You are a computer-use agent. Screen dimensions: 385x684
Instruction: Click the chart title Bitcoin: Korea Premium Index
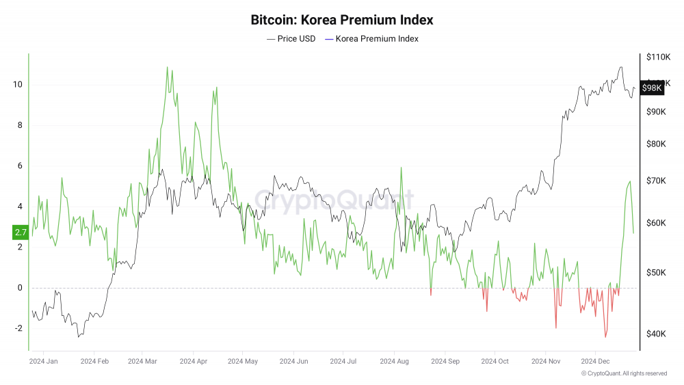click(342, 20)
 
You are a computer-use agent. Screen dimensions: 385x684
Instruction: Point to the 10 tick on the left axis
click(18, 85)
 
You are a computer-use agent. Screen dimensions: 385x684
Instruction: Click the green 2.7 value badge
click(20, 233)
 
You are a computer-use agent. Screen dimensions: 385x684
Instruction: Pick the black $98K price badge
click(653, 88)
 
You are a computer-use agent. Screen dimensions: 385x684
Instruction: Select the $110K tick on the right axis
click(659, 57)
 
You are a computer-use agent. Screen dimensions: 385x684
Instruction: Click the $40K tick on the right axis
click(657, 334)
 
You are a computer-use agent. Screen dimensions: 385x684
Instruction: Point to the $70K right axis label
click(657, 181)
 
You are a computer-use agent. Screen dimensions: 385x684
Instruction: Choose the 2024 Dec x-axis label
click(594, 360)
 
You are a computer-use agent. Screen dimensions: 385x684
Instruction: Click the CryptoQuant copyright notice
click(624, 373)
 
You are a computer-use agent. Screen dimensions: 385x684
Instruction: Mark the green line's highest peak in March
click(167, 67)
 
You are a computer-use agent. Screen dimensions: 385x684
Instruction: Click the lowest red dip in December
click(605, 337)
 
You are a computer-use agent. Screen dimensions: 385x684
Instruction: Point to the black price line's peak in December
click(620, 67)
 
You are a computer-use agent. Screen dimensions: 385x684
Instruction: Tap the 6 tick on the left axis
click(18, 165)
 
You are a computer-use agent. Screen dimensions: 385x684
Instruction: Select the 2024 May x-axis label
click(243, 360)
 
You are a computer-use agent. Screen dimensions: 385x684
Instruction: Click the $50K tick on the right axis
click(657, 273)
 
